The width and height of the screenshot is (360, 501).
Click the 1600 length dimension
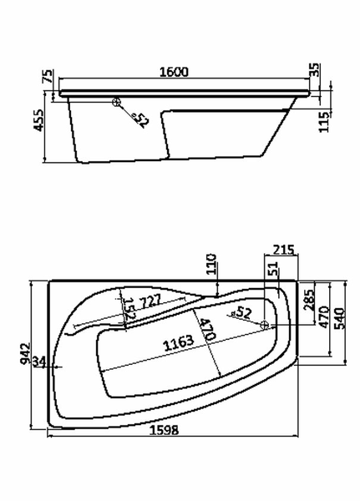tap(174, 72)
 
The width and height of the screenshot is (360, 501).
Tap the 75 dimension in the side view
tap(48, 76)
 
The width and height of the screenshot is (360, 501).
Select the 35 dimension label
tap(315, 70)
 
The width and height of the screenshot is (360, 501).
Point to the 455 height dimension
tap(39, 120)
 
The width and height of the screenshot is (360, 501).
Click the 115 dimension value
tap(323, 122)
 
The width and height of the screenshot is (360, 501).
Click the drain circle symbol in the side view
tap(116, 102)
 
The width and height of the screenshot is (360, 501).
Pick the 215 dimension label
tap(283, 250)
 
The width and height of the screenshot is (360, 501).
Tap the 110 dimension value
tap(211, 264)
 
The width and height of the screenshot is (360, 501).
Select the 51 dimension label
tap(274, 268)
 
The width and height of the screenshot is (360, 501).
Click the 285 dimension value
tap(309, 301)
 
